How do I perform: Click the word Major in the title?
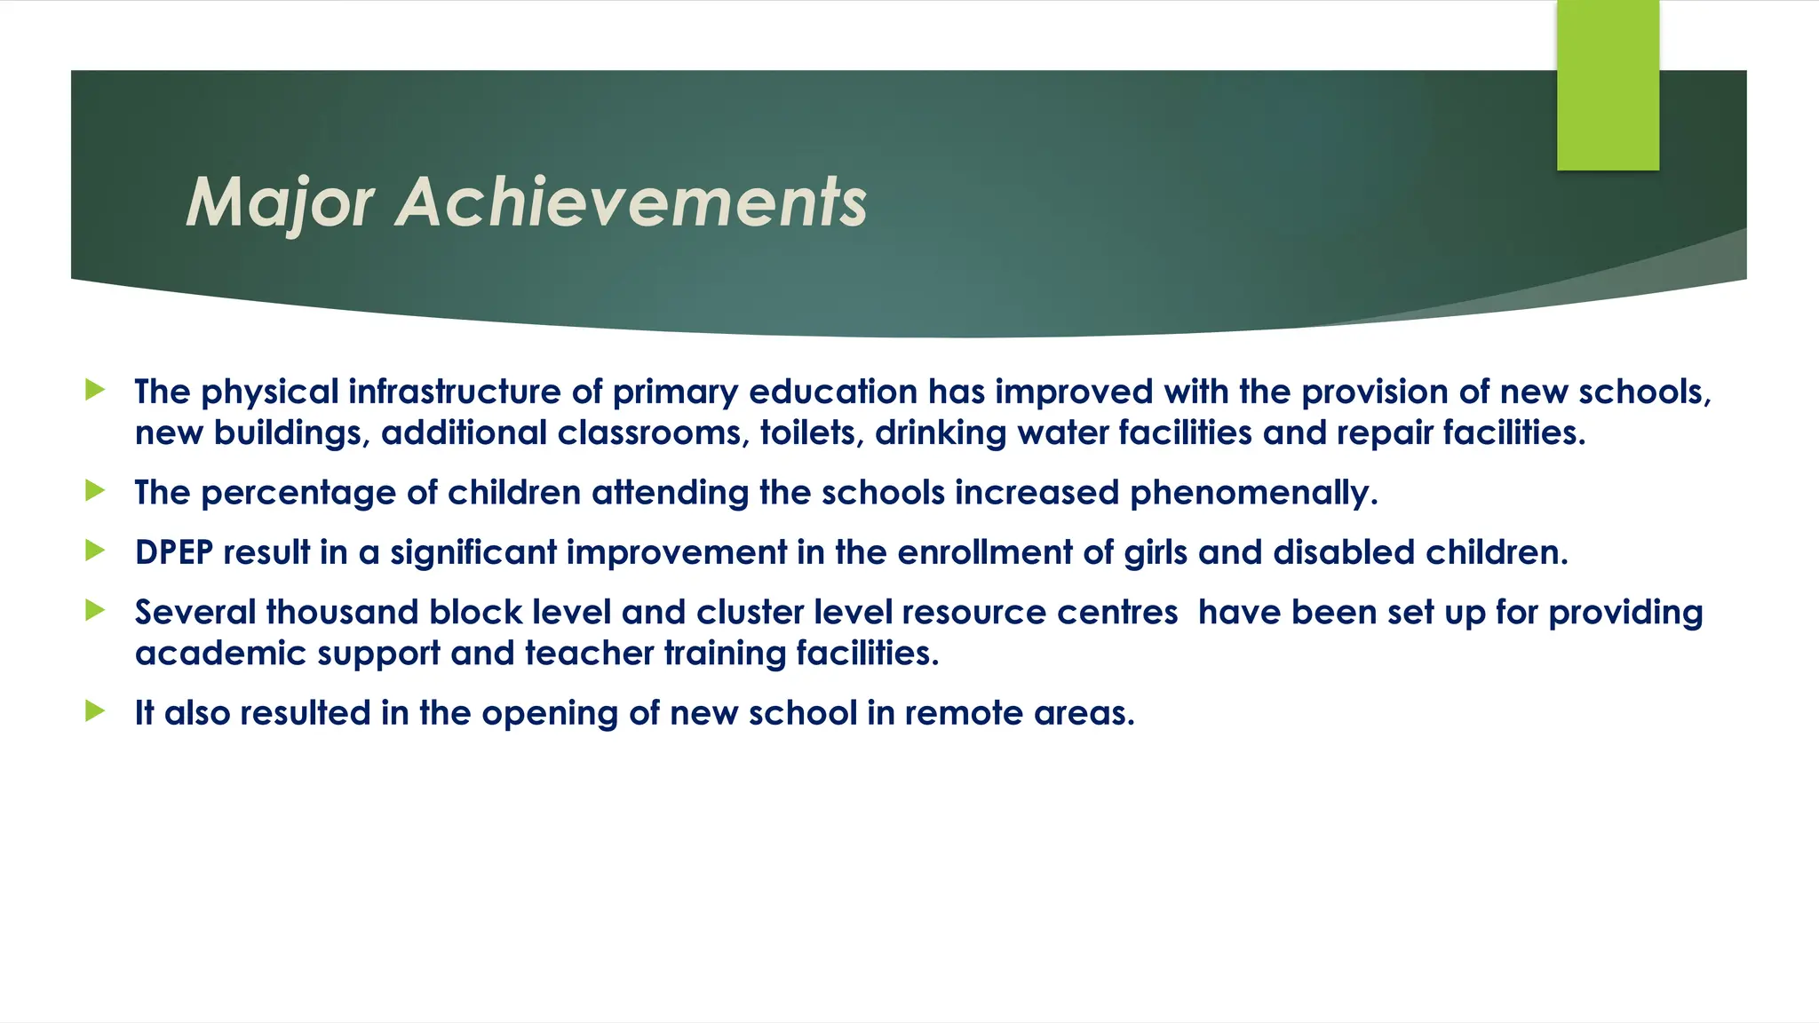(x=280, y=203)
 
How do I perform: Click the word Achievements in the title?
(x=631, y=203)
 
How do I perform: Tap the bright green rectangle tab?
(x=1608, y=85)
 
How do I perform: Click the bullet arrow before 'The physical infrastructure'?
(x=95, y=390)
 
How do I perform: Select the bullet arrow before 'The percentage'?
(x=95, y=490)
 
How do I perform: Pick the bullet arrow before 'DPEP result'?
(x=95, y=551)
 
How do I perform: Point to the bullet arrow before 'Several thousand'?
(x=95, y=610)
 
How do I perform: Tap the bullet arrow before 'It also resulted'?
(x=95, y=710)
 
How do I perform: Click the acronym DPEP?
(x=174, y=552)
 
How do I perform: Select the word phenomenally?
(x=1253, y=493)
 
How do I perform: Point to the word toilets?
(x=811, y=433)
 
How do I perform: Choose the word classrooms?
(x=653, y=433)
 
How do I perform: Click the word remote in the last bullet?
(x=964, y=713)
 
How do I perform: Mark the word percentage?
(x=298, y=494)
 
